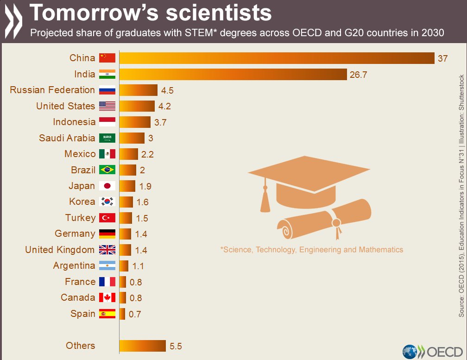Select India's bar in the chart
[233, 74]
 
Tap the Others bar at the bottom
[142, 346]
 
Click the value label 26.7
[358, 75]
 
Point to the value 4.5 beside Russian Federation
[167, 90]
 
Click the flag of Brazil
[107, 170]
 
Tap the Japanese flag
[107, 186]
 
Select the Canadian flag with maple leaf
[107, 297]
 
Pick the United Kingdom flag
[107, 250]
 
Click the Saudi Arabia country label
[67, 138]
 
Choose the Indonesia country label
[74, 122]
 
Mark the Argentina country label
[74, 265]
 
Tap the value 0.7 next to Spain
[134, 314]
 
